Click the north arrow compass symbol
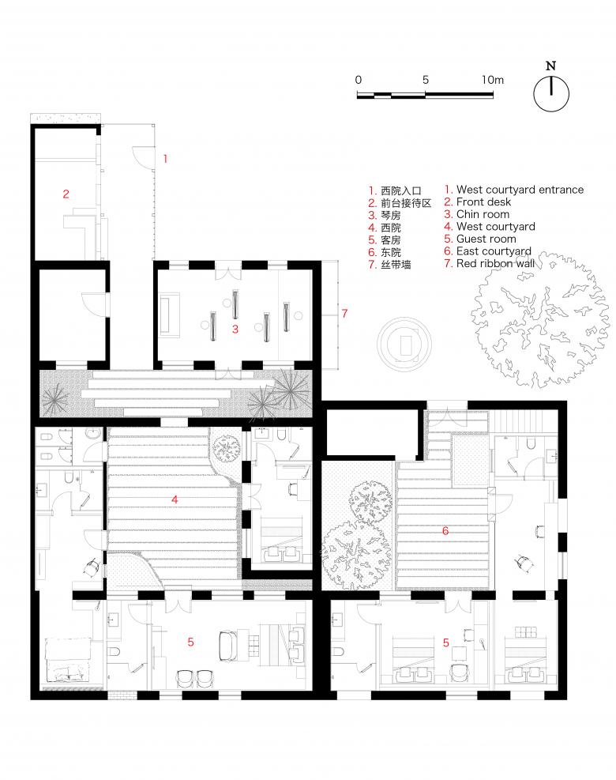point(551,93)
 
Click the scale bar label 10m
point(492,80)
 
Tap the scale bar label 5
point(425,80)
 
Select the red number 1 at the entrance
point(165,159)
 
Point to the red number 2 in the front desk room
point(66,194)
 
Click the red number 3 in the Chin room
point(235,329)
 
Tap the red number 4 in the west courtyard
point(175,499)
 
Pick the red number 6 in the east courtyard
point(445,531)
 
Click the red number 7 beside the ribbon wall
point(344,314)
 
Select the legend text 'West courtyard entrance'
point(520,190)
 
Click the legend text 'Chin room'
point(483,214)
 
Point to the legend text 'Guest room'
point(486,239)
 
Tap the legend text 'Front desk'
point(483,202)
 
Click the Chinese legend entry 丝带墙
point(396,265)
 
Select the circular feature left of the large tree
point(404,344)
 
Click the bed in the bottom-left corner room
point(68,660)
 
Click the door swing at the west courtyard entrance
point(141,156)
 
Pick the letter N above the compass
point(551,66)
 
